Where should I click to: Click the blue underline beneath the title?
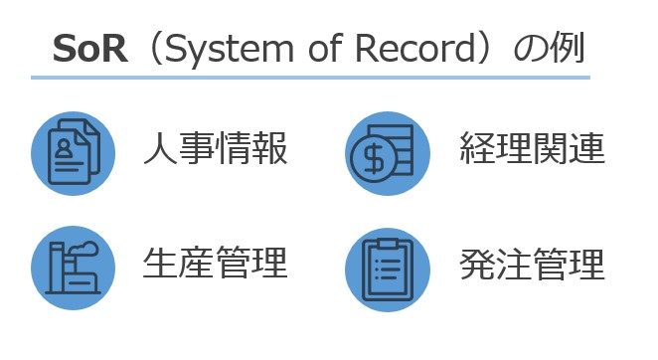[310, 78]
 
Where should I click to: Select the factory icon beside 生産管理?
[74, 267]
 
